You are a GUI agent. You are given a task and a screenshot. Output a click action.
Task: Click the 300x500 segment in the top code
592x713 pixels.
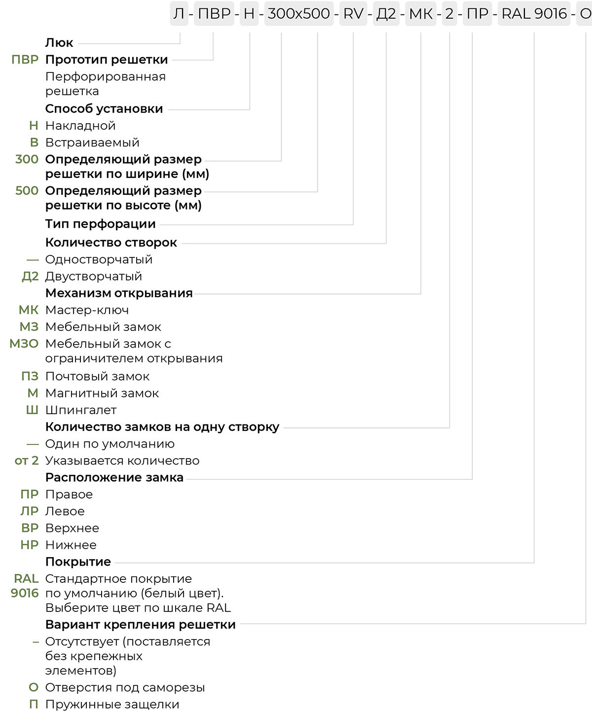298,14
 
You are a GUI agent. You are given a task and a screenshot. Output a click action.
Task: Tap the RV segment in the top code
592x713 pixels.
353,14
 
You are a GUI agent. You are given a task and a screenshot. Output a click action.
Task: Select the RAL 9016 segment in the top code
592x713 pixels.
534,14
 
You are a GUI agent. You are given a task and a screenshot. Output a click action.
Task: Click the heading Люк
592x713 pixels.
59,43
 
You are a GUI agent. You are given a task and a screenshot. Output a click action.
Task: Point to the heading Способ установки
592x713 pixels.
104,108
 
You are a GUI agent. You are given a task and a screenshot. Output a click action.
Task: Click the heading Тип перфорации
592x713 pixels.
101,224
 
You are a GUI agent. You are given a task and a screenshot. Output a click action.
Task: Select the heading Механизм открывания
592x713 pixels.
119,293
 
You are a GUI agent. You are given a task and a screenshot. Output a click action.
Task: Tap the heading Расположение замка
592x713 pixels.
114,477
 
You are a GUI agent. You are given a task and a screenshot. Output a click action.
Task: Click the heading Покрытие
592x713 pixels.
78,562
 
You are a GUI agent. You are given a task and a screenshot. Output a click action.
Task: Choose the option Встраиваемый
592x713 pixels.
92,143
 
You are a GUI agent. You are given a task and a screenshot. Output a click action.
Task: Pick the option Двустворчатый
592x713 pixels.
94,276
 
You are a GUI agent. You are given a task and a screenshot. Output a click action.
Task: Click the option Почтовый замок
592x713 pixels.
97,376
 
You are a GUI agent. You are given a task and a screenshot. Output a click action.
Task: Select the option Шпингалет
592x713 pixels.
81,410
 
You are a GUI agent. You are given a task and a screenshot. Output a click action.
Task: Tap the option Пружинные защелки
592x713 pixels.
112,704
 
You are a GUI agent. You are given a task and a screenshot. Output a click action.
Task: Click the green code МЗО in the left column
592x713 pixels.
24,344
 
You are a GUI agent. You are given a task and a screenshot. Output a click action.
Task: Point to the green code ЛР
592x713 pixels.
29,511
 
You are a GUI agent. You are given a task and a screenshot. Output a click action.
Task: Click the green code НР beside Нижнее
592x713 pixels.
29,545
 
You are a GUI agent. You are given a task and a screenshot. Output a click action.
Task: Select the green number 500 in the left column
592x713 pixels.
27,190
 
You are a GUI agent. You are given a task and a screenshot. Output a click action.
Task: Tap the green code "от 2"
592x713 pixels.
27,461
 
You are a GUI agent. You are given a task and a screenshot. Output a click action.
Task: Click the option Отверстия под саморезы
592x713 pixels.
125,687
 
